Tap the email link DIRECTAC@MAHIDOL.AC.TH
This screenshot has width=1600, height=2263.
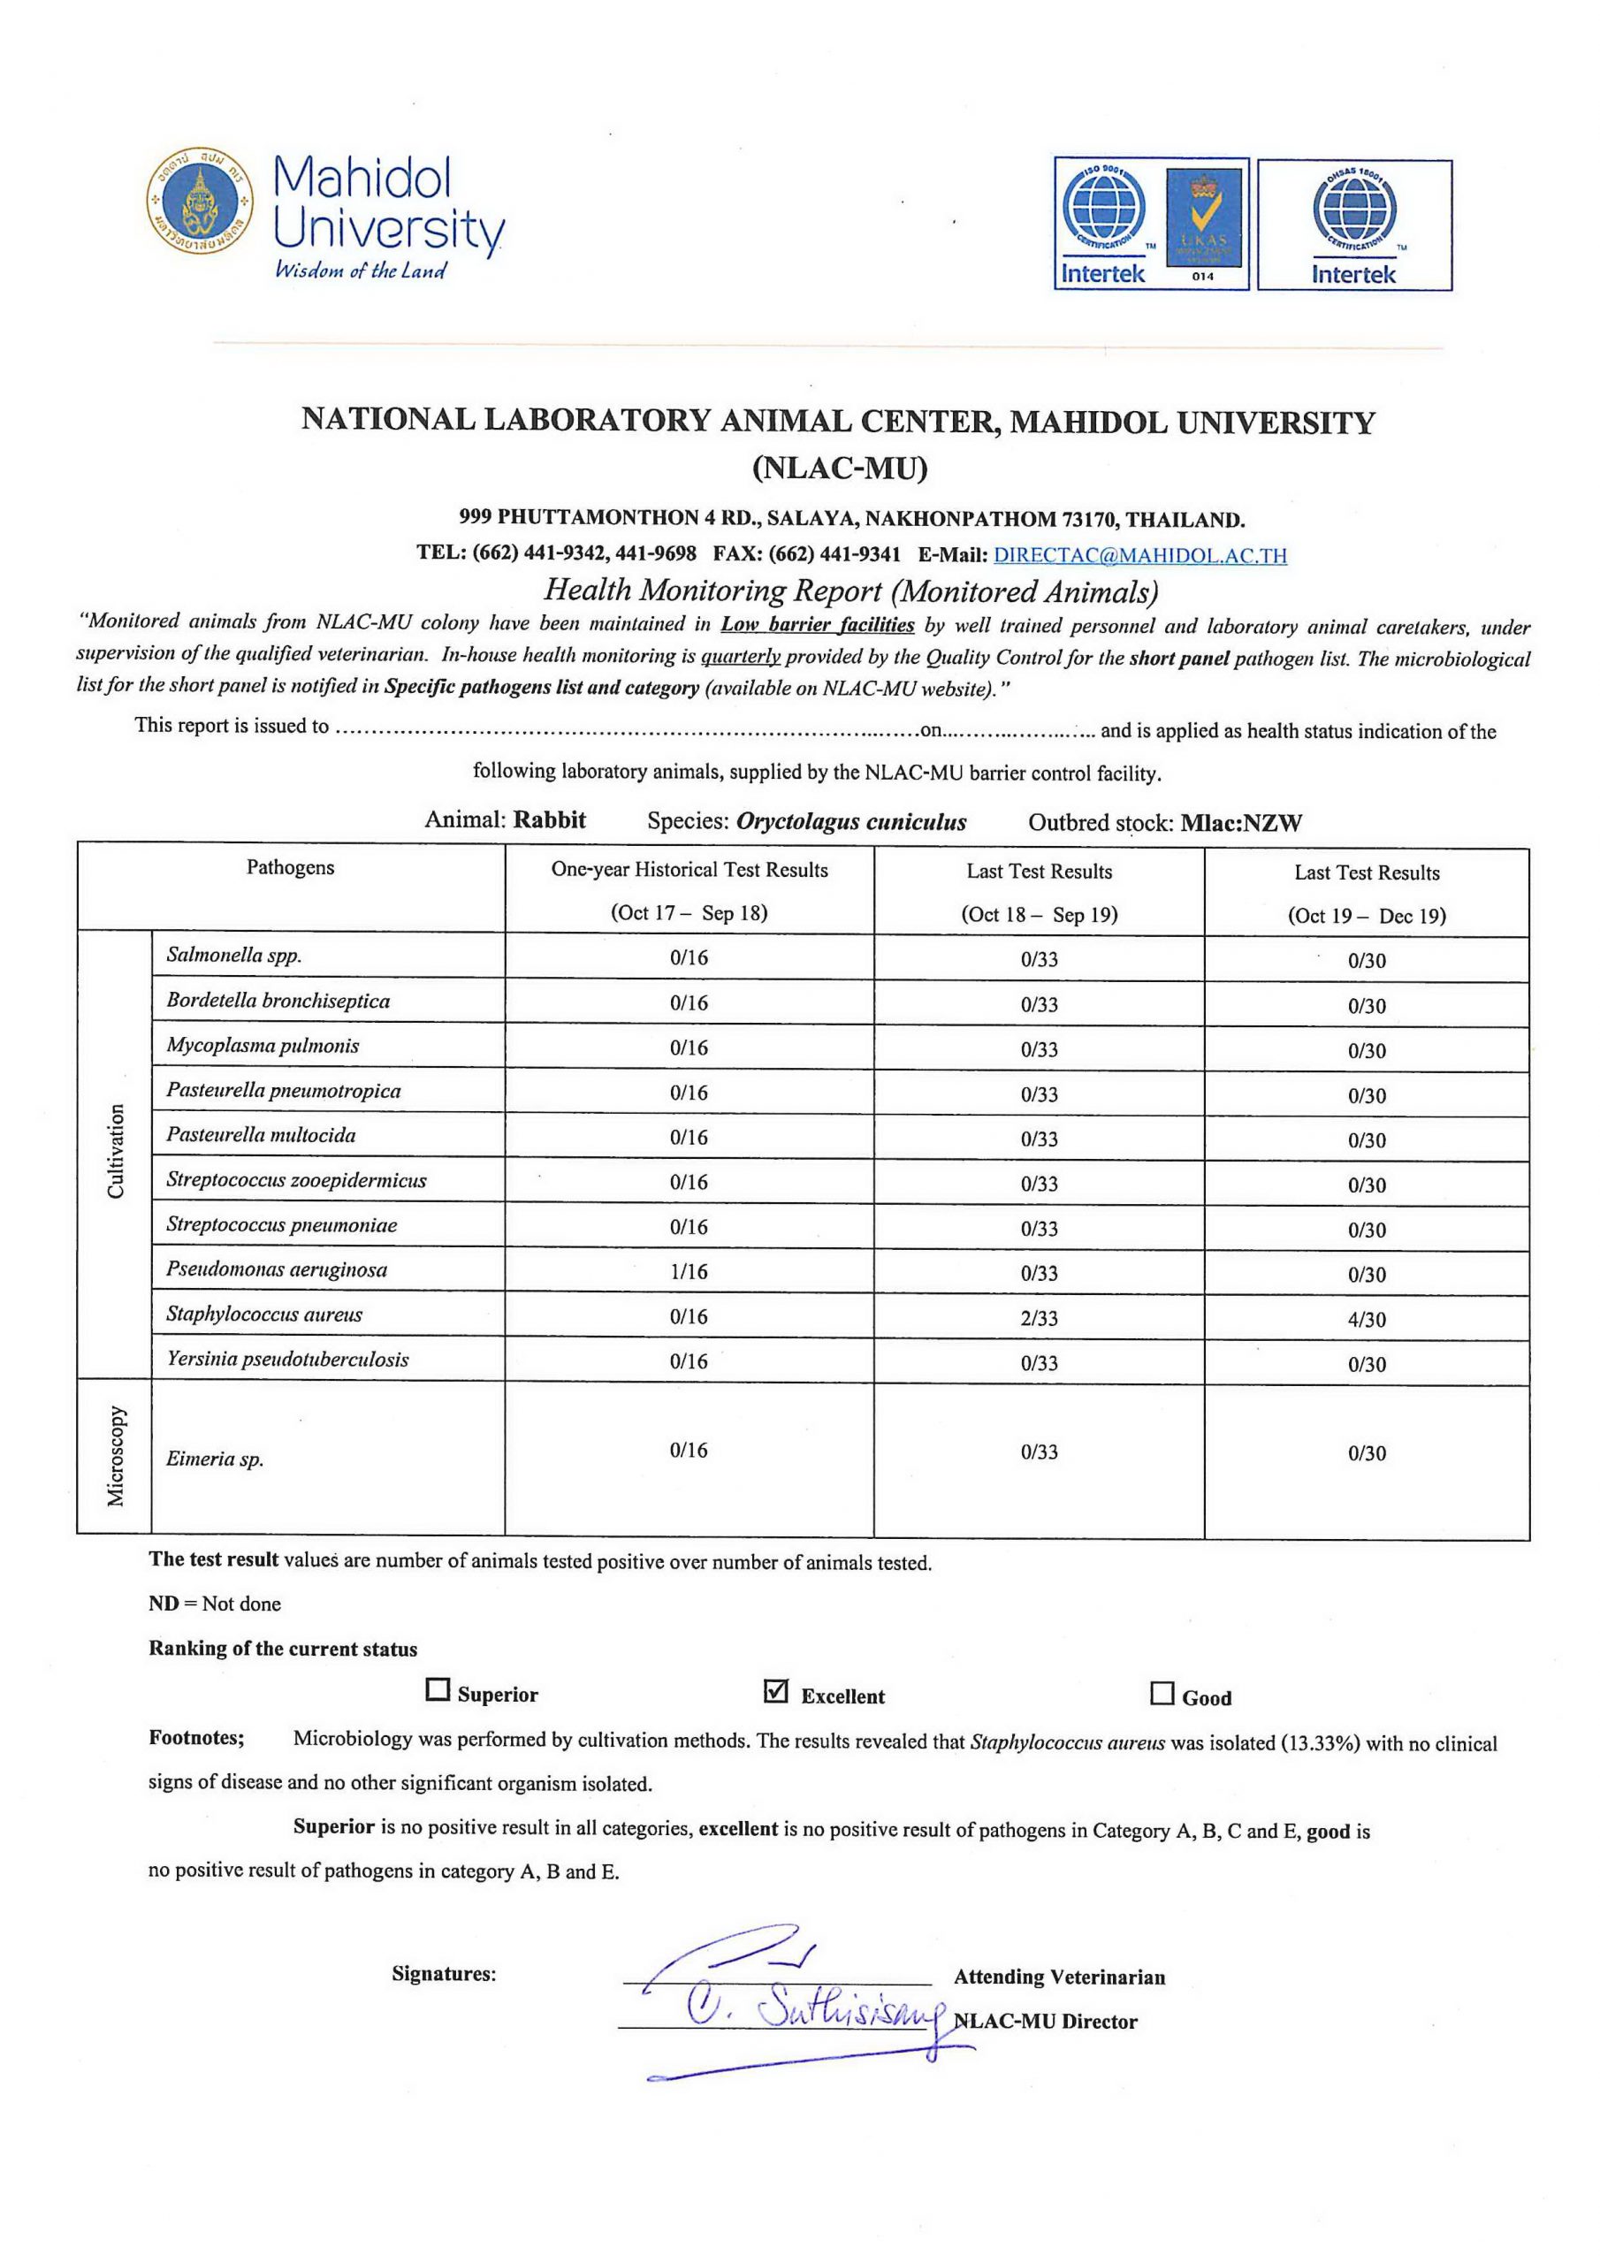tap(1139, 555)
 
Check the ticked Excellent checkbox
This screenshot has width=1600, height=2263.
tap(776, 1691)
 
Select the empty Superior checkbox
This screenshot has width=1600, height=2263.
tap(437, 1689)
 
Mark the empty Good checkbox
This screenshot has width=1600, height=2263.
tap(1162, 1694)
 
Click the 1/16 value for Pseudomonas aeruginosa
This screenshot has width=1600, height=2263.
tap(688, 1271)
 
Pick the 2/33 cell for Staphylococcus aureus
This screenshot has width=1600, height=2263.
tap(1039, 1318)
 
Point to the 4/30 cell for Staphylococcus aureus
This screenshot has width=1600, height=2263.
tap(1367, 1319)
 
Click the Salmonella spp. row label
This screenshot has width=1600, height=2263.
tap(233, 954)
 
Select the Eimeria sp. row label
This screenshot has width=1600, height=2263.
tap(215, 1459)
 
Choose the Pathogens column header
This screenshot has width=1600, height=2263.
tap(290, 867)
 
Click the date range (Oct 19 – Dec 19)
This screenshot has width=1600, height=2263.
tap(1367, 916)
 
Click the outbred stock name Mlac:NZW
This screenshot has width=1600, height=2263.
tap(1240, 823)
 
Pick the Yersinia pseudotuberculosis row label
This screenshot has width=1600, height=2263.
tap(287, 1360)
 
